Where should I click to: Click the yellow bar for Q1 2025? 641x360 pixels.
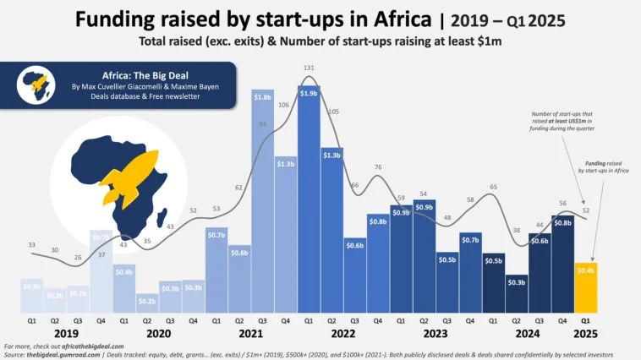(585, 287)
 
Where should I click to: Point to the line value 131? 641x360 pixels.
(309, 68)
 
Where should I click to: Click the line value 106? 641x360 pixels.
(283, 105)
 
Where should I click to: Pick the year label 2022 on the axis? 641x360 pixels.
(343, 333)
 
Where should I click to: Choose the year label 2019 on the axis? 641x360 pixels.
(66, 333)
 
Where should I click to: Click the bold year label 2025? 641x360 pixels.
(585, 333)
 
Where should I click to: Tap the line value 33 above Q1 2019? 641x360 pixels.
(32, 245)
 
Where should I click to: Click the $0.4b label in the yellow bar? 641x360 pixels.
(585, 271)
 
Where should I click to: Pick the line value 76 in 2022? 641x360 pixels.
(378, 167)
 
